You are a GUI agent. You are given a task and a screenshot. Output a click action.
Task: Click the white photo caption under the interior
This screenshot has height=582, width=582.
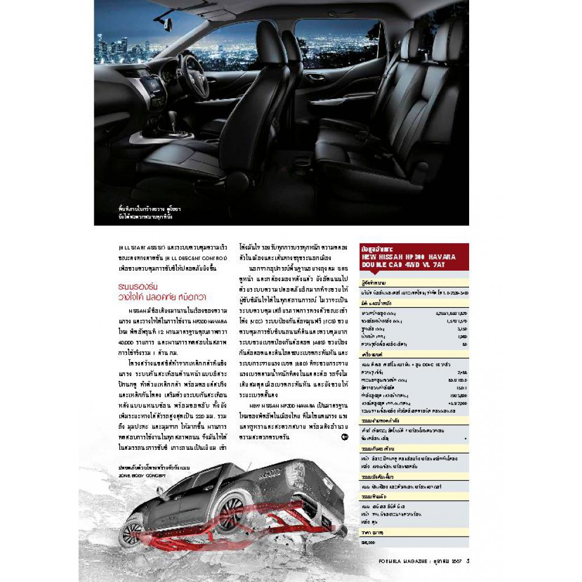(144, 214)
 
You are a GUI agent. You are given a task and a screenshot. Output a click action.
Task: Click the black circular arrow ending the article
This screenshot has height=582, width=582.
(345, 436)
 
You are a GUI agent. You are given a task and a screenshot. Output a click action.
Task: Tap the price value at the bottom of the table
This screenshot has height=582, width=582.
(368, 542)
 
